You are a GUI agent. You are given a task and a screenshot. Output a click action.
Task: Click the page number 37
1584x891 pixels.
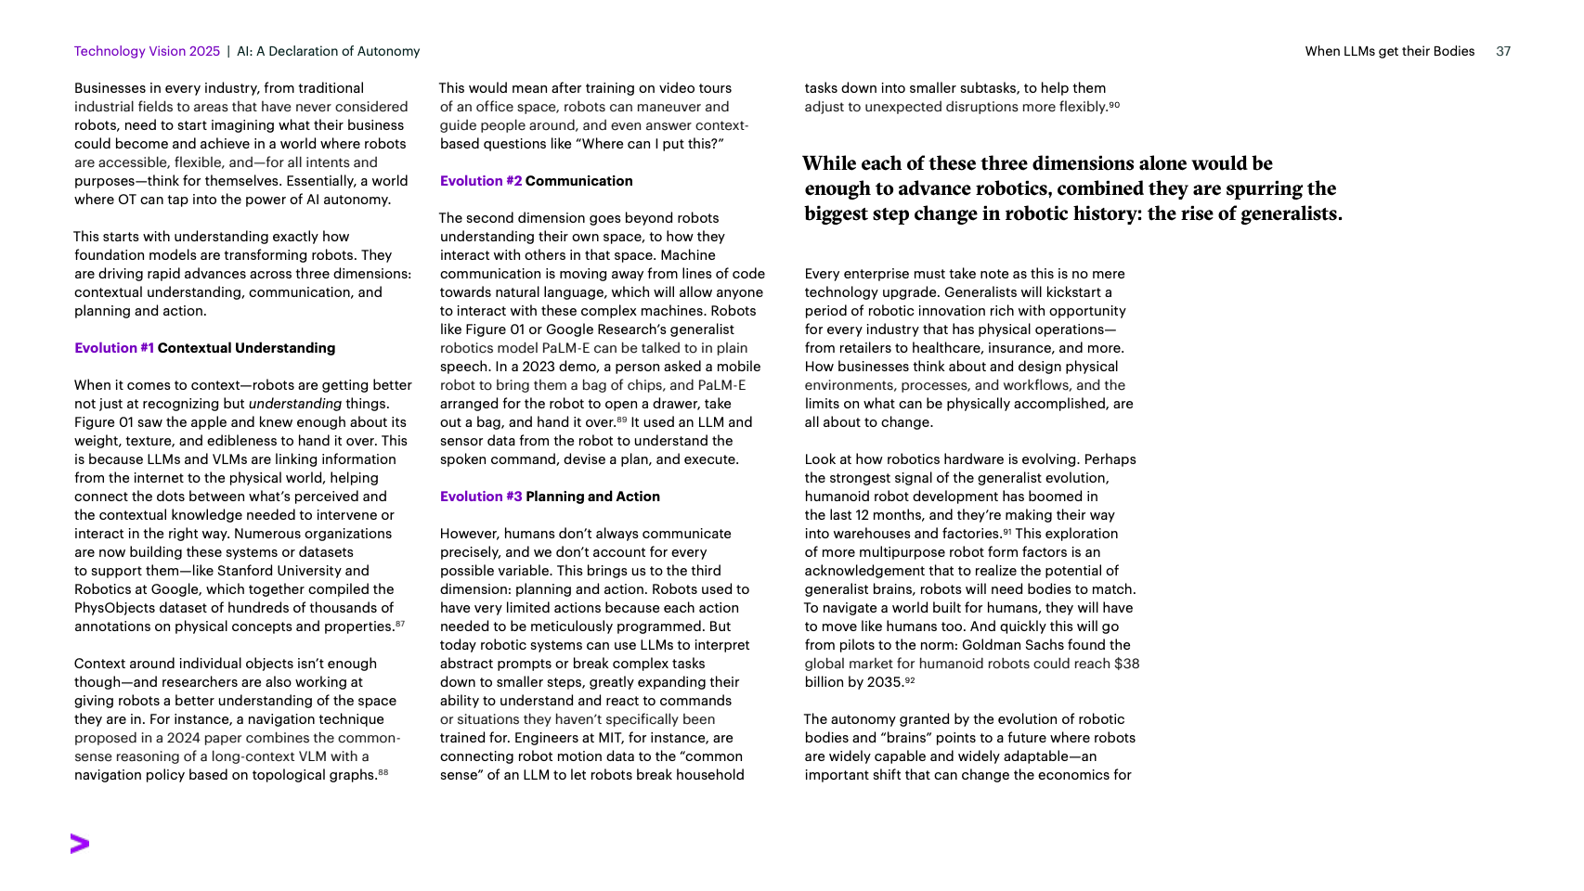tap(1503, 51)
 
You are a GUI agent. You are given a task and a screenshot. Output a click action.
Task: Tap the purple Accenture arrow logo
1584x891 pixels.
tap(80, 844)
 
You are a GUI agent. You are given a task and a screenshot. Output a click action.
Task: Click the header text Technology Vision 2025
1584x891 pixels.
tap(147, 51)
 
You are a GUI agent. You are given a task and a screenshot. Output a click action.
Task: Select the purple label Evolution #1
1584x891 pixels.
tap(114, 348)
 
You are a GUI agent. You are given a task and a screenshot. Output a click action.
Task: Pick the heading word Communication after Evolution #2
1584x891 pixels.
tap(578, 181)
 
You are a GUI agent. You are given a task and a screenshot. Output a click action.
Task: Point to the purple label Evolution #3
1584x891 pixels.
tap(481, 497)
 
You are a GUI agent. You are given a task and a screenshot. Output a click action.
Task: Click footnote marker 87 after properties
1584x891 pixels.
tap(400, 625)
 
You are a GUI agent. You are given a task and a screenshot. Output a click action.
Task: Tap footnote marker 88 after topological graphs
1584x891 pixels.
tap(383, 773)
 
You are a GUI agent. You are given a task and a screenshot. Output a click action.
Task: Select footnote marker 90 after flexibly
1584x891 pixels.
tap(1114, 105)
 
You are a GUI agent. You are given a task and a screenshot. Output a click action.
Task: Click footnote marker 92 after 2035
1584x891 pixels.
tap(910, 680)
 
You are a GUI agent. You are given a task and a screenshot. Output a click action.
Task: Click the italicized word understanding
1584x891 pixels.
tap(295, 404)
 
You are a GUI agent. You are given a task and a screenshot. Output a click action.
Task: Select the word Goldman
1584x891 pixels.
tap(994, 645)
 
